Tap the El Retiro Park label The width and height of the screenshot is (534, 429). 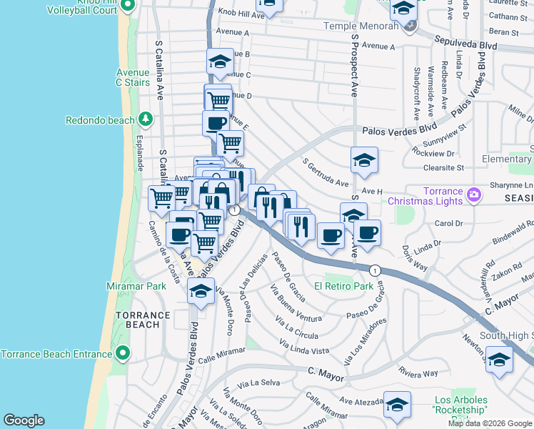pos(344,286)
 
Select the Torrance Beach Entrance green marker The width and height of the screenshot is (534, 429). pos(124,353)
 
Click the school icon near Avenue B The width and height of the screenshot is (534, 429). pos(220,62)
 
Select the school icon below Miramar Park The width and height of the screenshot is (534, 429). pos(201,292)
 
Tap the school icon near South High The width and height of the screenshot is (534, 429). pos(499,360)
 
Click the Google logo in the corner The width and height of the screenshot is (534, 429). pos(24,420)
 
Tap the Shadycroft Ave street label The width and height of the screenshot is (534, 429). pos(416,94)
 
